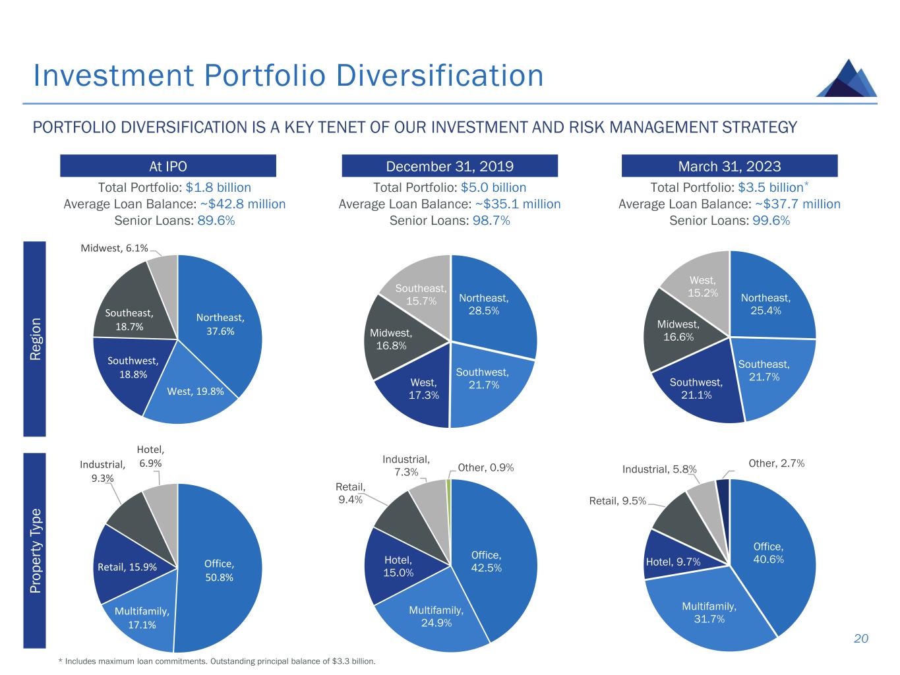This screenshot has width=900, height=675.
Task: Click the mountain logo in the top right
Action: click(847, 79)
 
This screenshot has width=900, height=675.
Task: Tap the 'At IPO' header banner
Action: click(167, 166)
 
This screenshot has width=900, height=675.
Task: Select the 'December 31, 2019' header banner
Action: click(449, 166)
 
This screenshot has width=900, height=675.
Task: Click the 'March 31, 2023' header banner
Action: click(729, 166)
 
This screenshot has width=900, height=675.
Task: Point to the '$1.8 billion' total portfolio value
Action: click(218, 188)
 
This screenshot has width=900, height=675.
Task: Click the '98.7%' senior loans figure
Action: click(491, 221)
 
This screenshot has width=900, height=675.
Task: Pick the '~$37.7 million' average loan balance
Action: click(798, 204)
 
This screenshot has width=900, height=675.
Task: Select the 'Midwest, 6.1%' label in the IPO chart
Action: click(114, 248)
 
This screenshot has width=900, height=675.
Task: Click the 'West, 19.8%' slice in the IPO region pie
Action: click(195, 392)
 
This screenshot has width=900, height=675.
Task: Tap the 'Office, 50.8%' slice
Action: click(219, 570)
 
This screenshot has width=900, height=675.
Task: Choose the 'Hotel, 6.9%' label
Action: click(150, 457)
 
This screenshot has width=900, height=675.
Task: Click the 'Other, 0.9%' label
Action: click(485, 468)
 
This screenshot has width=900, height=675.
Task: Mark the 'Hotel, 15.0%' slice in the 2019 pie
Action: click(398, 566)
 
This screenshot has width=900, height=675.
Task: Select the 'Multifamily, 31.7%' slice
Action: click(709, 612)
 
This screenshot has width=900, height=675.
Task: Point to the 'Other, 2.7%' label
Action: click(776, 463)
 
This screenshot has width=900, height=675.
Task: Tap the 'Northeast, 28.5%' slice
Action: click(484, 305)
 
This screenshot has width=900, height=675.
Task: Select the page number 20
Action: click(861, 638)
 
